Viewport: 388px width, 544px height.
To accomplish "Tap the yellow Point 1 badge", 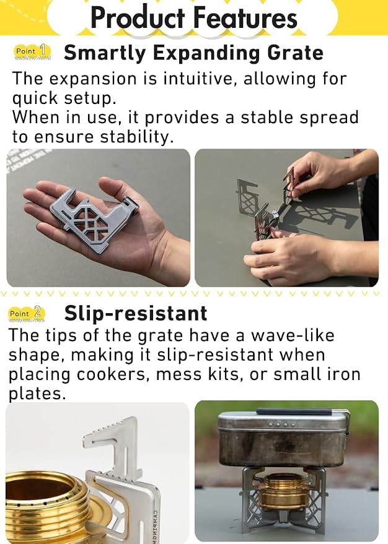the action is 32,51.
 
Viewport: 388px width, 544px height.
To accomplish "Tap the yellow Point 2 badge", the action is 27,313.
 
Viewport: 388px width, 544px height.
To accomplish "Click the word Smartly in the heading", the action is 105,54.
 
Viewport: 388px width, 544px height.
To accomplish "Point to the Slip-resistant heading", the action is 136,313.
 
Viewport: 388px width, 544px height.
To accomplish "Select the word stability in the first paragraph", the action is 136,137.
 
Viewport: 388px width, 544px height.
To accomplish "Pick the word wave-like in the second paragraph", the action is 293,335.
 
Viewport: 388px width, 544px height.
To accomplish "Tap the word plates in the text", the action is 37,394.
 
